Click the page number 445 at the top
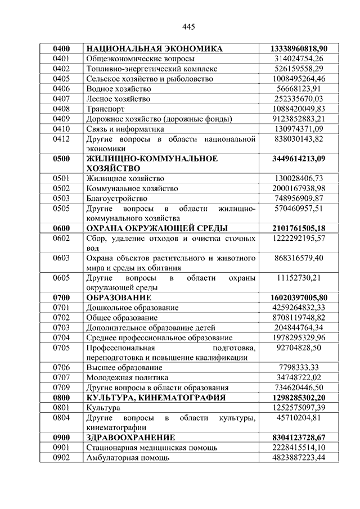point(188,27)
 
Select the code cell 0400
point(60,49)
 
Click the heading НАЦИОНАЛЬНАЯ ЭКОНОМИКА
point(155,49)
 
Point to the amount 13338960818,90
point(299,49)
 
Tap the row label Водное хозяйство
point(119,89)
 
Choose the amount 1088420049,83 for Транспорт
point(299,109)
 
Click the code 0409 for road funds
point(60,119)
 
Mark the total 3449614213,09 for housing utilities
point(299,159)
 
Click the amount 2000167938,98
point(299,188)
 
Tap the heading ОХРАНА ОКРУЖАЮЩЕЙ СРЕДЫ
point(157,228)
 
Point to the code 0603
point(60,258)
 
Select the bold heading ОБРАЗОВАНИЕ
point(119,298)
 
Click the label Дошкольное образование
point(132,308)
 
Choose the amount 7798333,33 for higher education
point(299,367)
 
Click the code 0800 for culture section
point(60,397)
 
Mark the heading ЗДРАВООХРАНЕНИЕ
point(130,437)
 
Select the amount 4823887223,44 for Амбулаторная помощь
point(299,457)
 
